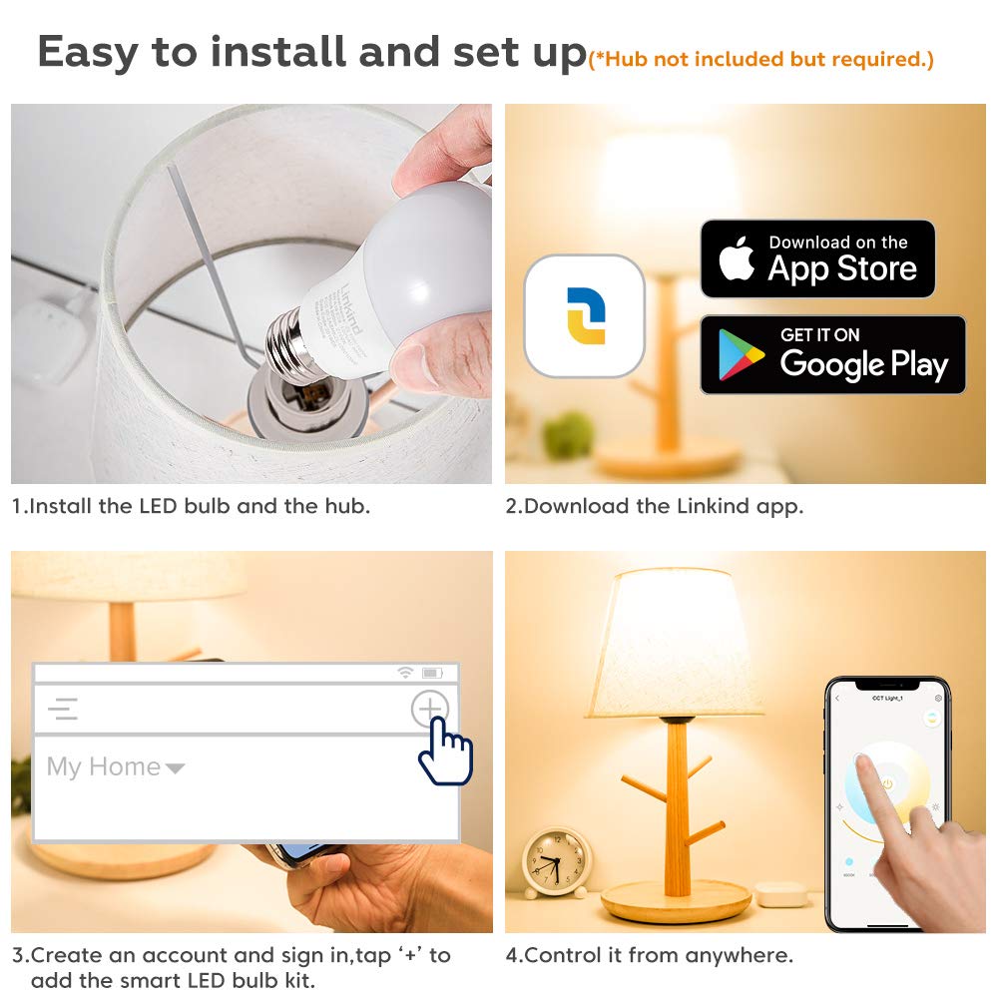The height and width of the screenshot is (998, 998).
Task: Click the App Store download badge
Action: tap(817, 259)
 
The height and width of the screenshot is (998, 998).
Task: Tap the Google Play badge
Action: tap(832, 355)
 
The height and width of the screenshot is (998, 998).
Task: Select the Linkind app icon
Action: tap(584, 316)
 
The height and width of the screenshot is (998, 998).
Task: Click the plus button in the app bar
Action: tap(429, 710)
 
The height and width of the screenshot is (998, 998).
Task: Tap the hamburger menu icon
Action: tap(63, 710)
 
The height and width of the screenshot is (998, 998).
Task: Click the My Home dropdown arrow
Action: tap(175, 768)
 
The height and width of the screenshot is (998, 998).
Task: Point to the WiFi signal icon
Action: tap(404, 673)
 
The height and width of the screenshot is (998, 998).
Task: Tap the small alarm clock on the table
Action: tap(557, 861)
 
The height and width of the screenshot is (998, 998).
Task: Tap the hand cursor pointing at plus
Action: tap(445, 754)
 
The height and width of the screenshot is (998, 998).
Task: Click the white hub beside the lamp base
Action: tap(780, 893)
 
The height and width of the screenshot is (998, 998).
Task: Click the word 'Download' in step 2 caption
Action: tap(577, 506)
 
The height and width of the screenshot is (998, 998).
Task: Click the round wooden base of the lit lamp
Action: tap(676, 902)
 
